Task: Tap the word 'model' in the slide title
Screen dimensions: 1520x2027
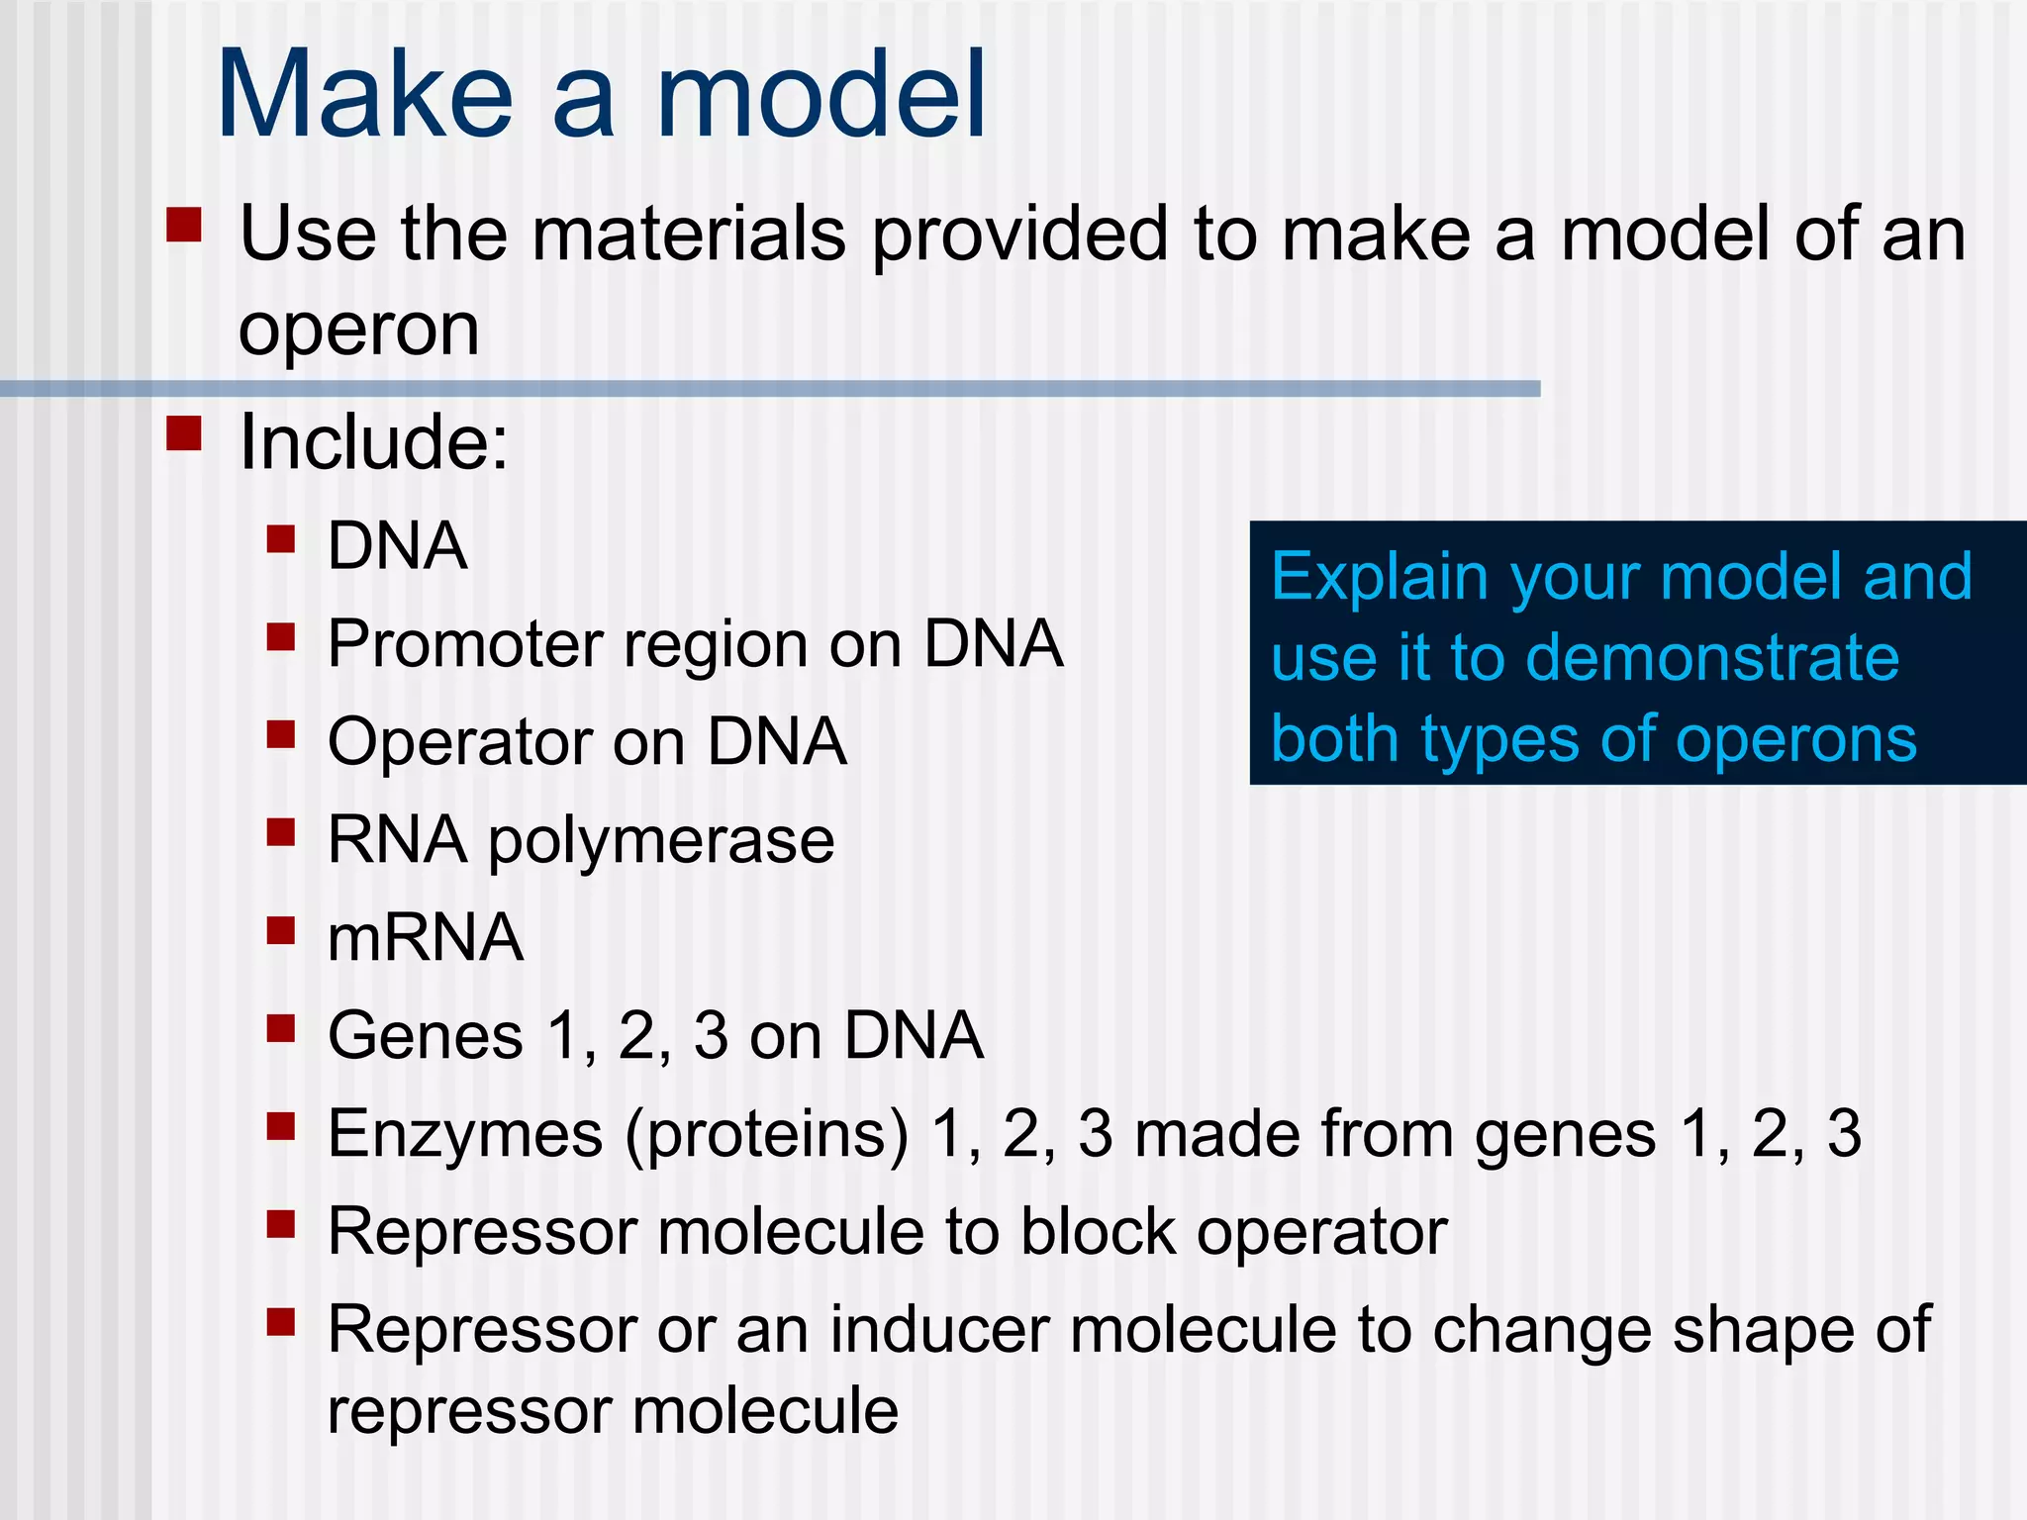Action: click(820, 96)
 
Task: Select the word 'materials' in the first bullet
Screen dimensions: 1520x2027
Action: click(689, 235)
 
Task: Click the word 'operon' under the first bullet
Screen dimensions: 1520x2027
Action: click(358, 331)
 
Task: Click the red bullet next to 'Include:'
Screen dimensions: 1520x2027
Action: click(184, 433)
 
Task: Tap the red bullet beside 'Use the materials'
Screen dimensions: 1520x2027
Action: click(184, 225)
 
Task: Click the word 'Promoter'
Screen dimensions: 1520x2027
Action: click(465, 644)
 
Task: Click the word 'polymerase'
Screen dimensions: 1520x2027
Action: click(661, 841)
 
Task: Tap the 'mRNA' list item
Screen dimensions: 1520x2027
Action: click(425, 937)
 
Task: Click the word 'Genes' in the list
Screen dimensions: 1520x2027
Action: click(425, 1036)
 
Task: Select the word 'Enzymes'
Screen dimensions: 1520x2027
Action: click(464, 1134)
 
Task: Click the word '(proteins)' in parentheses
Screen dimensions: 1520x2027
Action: click(766, 1135)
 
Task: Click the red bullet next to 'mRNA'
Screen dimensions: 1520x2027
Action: click(281, 931)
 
